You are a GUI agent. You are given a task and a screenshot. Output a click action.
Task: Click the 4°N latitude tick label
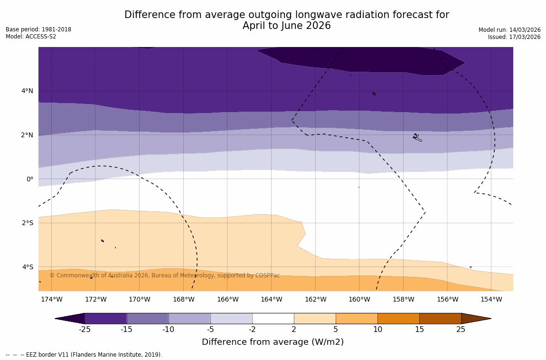tap(27, 91)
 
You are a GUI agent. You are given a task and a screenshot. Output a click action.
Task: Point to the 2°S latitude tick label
tap(27, 223)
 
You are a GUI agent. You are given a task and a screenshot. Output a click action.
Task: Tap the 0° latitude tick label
tap(29, 179)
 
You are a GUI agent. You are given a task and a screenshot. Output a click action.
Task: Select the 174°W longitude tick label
tap(51, 299)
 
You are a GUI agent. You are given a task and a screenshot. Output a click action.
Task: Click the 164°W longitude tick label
tap(271, 299)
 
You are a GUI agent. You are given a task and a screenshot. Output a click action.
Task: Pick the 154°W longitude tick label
tap(491, 299)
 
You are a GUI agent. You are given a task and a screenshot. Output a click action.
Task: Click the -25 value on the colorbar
tap(85, 329)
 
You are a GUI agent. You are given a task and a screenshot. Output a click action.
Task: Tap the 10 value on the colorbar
tap(377, 329)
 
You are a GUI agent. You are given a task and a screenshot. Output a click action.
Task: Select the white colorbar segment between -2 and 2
tap(273, 318)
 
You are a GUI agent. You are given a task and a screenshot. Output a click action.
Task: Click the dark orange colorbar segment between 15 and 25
tap(440, 318)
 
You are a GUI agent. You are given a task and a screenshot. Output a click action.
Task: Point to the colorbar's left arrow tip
tap(56, 319)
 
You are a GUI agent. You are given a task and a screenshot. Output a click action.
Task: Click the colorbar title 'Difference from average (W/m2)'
tap(273, 342)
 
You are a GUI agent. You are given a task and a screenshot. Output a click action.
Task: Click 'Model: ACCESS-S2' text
tap(31, 37)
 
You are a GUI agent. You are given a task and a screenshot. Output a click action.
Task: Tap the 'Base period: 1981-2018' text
tap(38, 29)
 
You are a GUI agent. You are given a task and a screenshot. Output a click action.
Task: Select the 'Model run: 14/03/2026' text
tap(509, 30)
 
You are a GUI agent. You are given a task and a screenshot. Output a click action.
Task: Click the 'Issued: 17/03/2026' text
tap(514, 37)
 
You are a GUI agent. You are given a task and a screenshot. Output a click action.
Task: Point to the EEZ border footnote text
tap(84, 355)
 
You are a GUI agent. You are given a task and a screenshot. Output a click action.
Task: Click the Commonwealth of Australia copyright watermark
tap(165, 275)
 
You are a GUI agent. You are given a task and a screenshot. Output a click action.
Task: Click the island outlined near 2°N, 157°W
tap(417, 137)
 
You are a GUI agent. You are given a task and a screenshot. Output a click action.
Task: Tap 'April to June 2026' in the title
tap(286, 26)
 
